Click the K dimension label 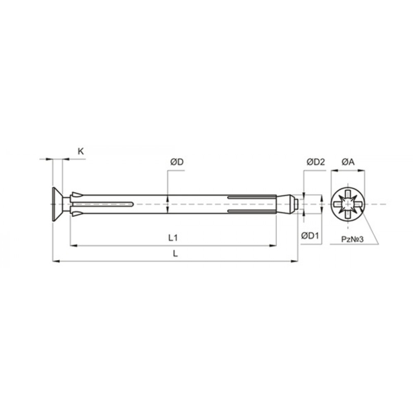click(81, 152)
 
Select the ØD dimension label click(177, 162)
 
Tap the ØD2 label click(316, 162)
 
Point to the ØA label click(348, 162)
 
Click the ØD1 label click(310, 236)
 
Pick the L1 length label click(173, 238)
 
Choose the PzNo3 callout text click(352, 239)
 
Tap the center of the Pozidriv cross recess click(348, 204)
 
